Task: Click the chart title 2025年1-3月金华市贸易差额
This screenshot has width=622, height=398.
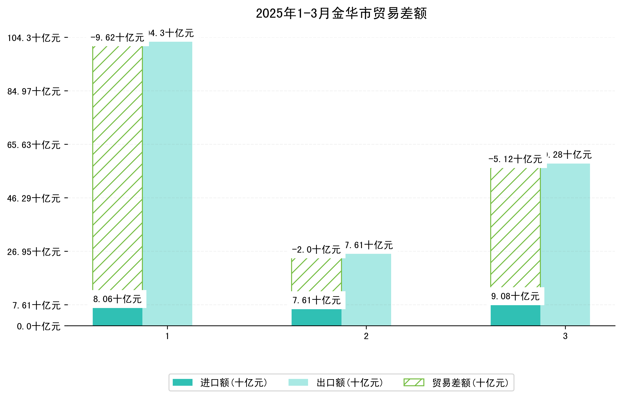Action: point(341,13)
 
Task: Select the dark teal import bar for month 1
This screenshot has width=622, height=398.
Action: point(117,316)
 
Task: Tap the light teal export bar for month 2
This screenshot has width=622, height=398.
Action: point(366,290)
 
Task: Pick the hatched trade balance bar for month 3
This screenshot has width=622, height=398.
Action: point(515,228)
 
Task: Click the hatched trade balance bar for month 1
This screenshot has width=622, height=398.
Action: point(117,168)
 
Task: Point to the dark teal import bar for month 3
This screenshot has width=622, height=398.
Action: point(515,315)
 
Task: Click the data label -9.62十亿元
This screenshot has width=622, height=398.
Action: point(117,38)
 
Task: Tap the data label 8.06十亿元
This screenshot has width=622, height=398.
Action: point(117,299)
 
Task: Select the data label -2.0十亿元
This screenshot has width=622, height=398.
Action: point(316,250)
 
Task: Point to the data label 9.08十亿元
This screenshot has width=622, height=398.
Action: point(515,296)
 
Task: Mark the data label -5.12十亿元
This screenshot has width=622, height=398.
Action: point(515,159)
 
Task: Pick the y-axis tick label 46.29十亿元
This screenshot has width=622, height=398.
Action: point(34,199)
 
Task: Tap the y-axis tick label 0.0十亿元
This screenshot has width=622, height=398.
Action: point(39,327)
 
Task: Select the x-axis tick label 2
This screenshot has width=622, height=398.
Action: point(366,336)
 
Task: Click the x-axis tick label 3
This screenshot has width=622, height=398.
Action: point(565,336)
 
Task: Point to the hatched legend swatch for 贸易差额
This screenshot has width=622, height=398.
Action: point(414,382)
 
